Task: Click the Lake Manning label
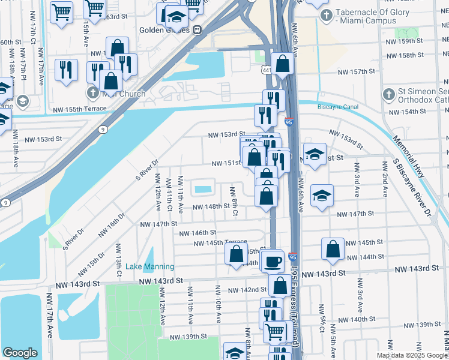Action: [x=150, y=266]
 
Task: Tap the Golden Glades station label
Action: [x=163, y=29]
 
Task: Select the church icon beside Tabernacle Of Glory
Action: [x=325, y=16]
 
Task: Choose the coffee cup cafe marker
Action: [x=273, y=262]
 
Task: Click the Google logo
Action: [x=20, y=353]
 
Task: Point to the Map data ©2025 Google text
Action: [x=411, y=355]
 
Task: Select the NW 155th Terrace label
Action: [x=80, y=109]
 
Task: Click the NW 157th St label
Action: [x=356, y=71]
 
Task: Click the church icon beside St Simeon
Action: [x=389, y=94]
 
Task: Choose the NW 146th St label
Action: [x=196, y=232]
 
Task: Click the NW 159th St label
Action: [x=405, y=41]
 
